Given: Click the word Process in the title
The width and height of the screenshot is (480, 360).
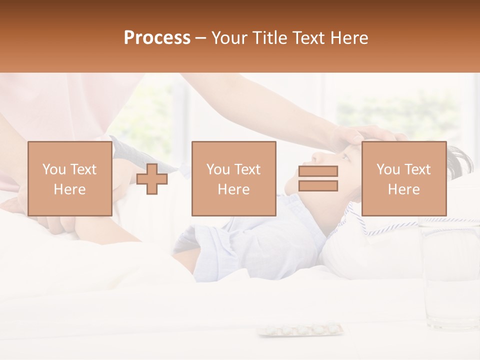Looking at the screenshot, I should [x=157, y=38].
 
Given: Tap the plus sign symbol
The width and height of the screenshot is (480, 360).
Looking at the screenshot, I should [x=152, y=179].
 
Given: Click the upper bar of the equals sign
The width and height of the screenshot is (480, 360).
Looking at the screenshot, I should [x=318, y=171].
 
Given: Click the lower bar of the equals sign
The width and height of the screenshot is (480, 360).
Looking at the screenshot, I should [x=318, y=186].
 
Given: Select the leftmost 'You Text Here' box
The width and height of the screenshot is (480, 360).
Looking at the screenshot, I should [x=70, y=178].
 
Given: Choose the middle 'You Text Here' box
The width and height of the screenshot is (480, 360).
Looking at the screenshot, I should [x=233, y=178].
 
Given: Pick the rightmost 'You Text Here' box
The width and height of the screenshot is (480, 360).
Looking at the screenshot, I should [x=403, y=178].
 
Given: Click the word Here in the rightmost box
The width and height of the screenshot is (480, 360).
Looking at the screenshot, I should [x=403, y=189].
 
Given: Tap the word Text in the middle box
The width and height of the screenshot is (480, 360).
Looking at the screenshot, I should [x=247, y=169].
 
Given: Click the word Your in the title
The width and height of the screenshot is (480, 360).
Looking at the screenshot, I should [x=229, y=38].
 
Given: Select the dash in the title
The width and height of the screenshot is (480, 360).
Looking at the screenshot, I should [x=200, y=38].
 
